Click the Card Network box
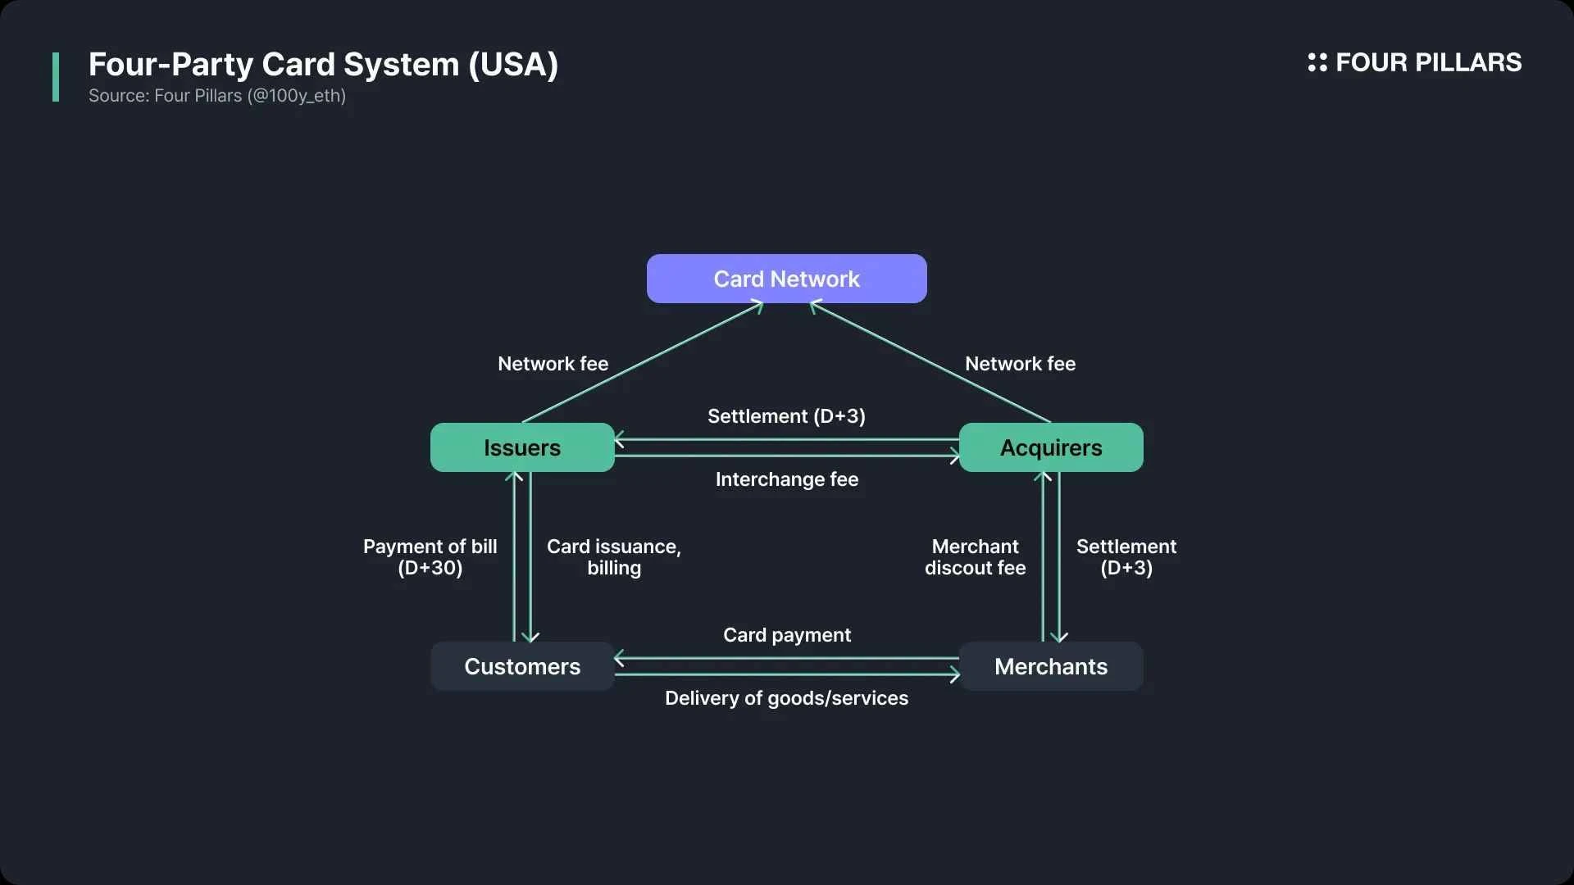[786, 279]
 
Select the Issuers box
[522, 447]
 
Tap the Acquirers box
[1050, 447]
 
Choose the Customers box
[522, 666]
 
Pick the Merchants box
[1050, 666]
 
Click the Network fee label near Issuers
[553, 364]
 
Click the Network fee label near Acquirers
[1020, 364]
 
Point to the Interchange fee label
[786, 479]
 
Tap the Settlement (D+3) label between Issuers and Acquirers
[786, 416]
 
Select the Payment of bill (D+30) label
[430, 557]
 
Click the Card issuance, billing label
[613, 557]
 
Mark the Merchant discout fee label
[975, 557]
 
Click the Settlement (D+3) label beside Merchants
[1126, 557]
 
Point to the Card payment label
[786, 635]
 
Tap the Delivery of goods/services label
[786, 698]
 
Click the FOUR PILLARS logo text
[1428, 62]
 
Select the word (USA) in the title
[513, 65]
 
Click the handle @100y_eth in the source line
[296, 96]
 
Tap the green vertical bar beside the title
[56, 77]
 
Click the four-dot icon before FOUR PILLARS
[1317, 62]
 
